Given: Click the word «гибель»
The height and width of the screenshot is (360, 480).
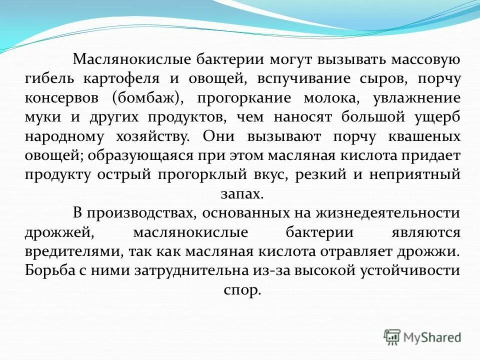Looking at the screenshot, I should (47, 79).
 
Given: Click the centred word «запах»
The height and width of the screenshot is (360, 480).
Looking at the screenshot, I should (241, 193).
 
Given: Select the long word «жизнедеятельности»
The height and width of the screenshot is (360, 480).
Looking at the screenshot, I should (387, 213).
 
